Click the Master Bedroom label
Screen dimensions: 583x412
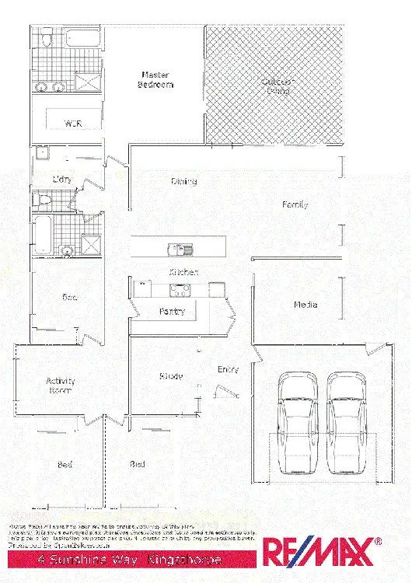(x=155, y=80)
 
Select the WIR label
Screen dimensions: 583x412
(x=73, y=124)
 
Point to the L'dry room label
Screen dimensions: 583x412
(x=62, y=180)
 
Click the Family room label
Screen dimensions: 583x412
(x=295, y=204)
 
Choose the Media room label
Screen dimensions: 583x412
(x=305, y=305)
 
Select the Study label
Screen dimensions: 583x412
(x=171, y=376)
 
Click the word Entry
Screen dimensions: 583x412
(x=228, y=370)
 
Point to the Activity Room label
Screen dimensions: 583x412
(x=60, y=386)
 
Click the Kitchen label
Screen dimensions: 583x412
(x=183, y=272)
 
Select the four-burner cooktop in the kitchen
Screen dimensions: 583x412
(x=180, y=290)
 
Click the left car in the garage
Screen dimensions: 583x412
(x=295, y=424)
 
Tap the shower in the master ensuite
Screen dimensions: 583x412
(x=90, y=82)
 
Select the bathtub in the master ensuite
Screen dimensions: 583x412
(x=82, y=38)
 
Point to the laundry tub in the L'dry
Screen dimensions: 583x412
(x=40, y=152)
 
